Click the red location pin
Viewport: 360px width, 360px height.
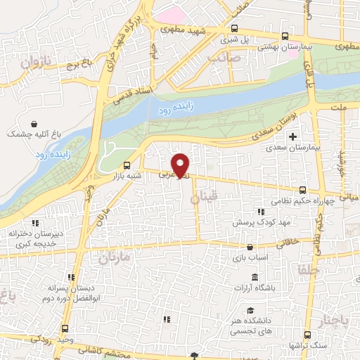181,165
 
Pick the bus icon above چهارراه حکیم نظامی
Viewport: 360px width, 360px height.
302,190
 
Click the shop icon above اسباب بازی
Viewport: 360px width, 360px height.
251,247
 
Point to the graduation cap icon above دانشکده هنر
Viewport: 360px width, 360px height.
250,310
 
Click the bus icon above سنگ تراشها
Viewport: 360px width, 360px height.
306,335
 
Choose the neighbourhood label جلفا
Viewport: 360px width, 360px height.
309,269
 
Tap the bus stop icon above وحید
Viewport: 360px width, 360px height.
65,328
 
